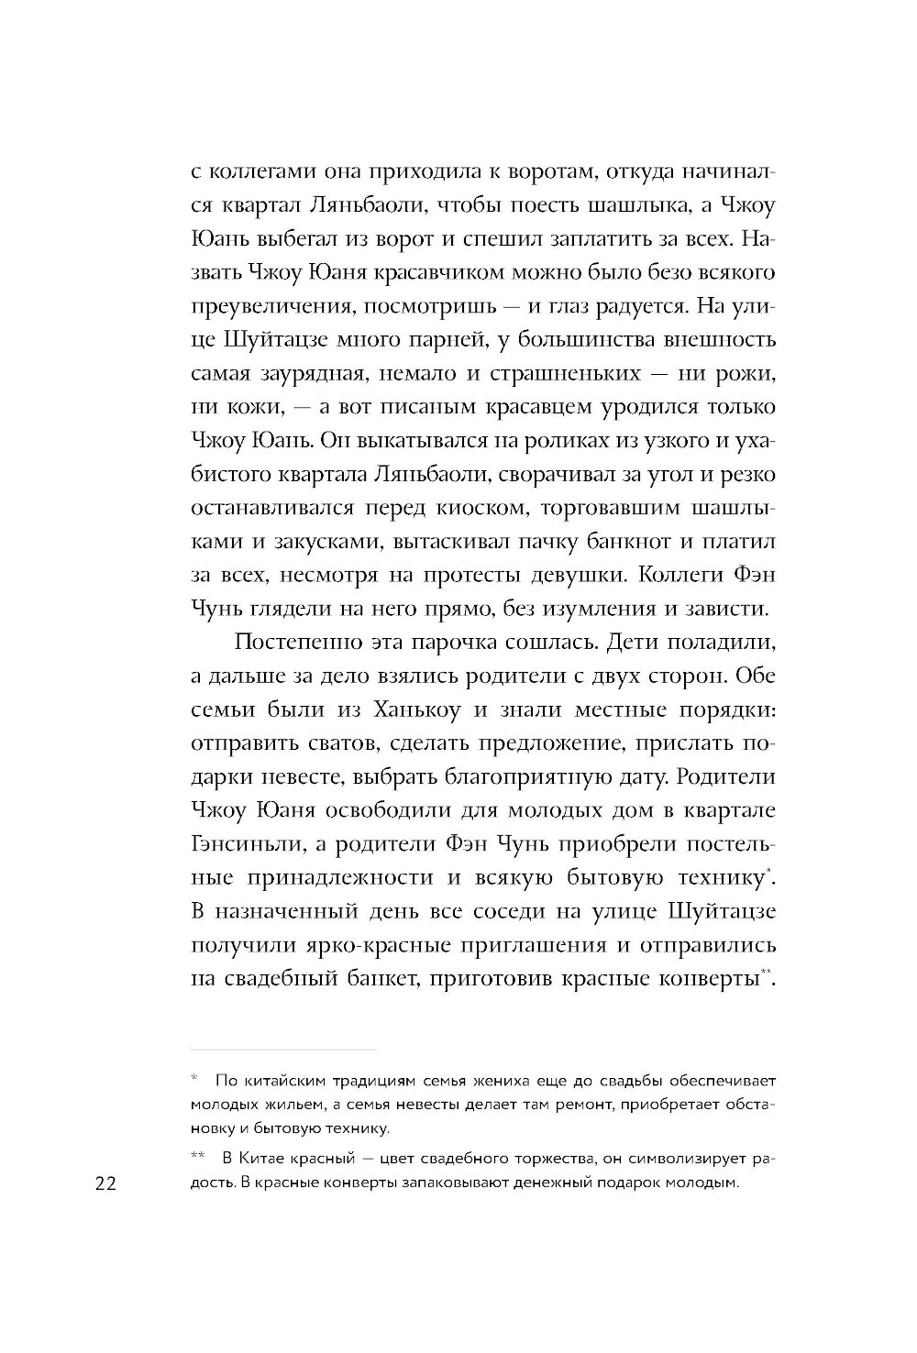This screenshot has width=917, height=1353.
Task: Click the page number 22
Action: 103,1183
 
